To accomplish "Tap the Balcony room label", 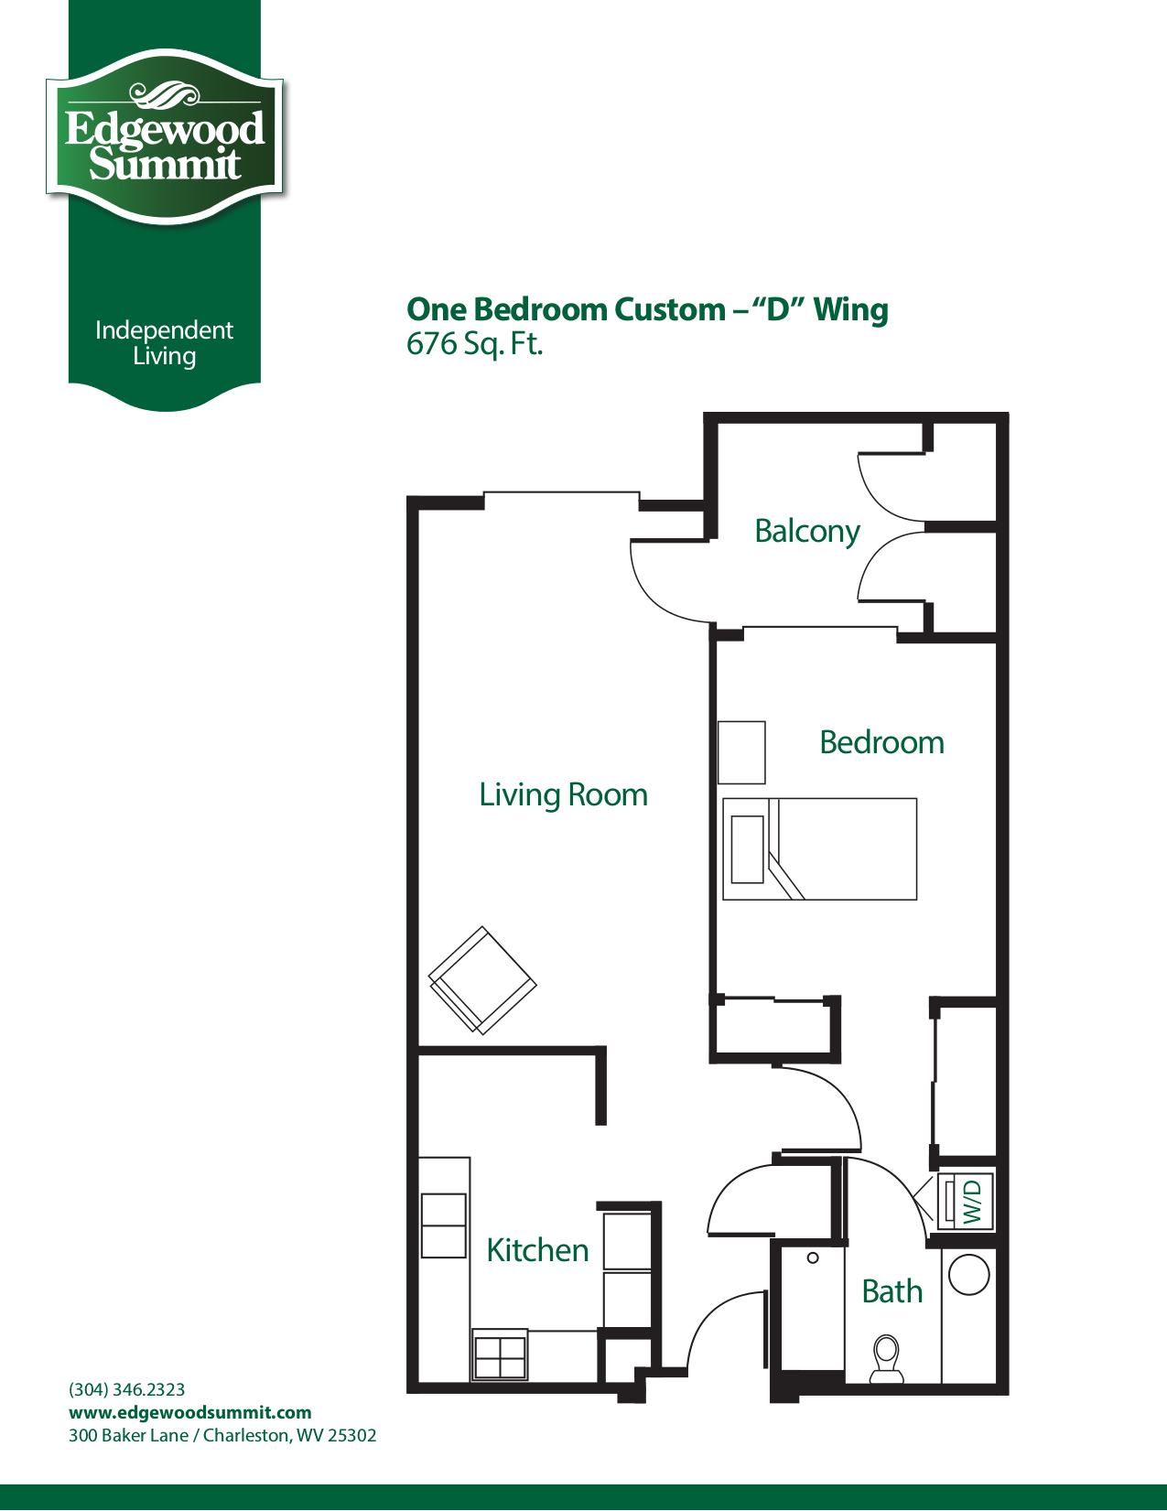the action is pyautogui.click(x=807, y=532).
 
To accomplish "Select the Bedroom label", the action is pyautogui.click(x=881, y=742).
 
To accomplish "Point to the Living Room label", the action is pyautogui.click(x=563, y=794).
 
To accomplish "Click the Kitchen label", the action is pyautogui.click(x=537, y=1250).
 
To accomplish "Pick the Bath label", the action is pyautogui.click(x=892, y=1291).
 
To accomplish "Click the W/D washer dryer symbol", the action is pyautogui.click(x=966, y=1201).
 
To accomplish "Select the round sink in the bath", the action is pyautogui.click(x=968, y=1275).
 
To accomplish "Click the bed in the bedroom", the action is pyautogui.click(x=819, y=849).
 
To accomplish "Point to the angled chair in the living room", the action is pyautogui.click(x=482, y=980).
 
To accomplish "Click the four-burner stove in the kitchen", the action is pyautogui.click(x=500, y=1355).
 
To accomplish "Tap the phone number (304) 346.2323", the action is pyautogui.click(x=126, y=1389).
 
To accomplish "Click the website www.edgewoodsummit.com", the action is pyautogui.click(x=189, y=1412).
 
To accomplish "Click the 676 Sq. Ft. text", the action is pyautogui.click(x=474, y=344).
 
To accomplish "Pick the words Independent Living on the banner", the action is pyautogui.click(x=164, y=343).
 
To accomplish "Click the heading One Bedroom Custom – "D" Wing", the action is pyautogui.click(x=647, y=309).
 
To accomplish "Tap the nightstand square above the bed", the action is pyautogui.click(x=741, y=752).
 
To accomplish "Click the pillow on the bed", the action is pyautogui.click(x=748, y=849).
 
